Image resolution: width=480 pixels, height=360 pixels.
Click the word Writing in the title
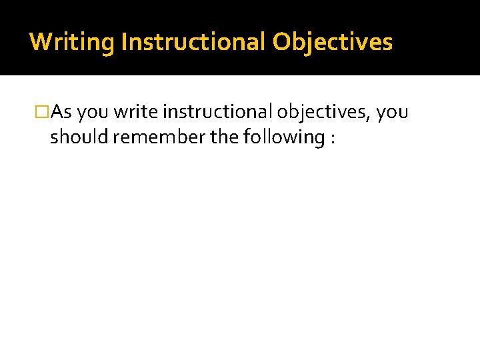72,42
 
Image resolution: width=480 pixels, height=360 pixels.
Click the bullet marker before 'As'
42,113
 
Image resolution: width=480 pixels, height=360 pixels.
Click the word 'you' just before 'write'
91,113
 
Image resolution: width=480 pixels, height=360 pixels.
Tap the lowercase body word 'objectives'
323,113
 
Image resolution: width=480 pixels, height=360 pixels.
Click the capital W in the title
39,42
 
